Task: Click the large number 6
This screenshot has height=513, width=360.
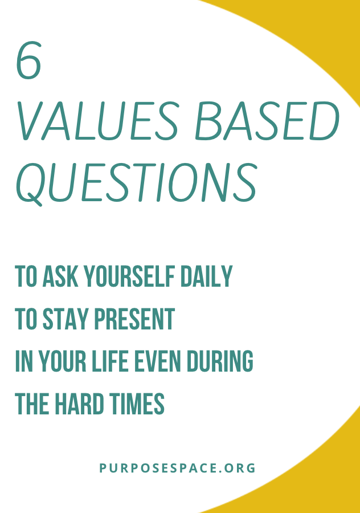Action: tap(28, 60)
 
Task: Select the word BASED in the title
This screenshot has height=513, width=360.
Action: tap(267, 121)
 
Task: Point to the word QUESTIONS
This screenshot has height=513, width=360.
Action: tap(136, 184)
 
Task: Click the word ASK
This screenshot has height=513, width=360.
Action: tap(60, 276)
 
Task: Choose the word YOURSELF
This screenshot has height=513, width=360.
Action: tap(129, 276)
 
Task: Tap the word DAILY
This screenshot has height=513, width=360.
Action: tap(206, 276)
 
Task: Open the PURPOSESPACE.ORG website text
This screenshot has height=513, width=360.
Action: tap(177, 468)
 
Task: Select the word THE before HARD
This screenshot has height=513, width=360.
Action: tap(32, 404)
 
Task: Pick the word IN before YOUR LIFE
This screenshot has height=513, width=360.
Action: tap(24, 361)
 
